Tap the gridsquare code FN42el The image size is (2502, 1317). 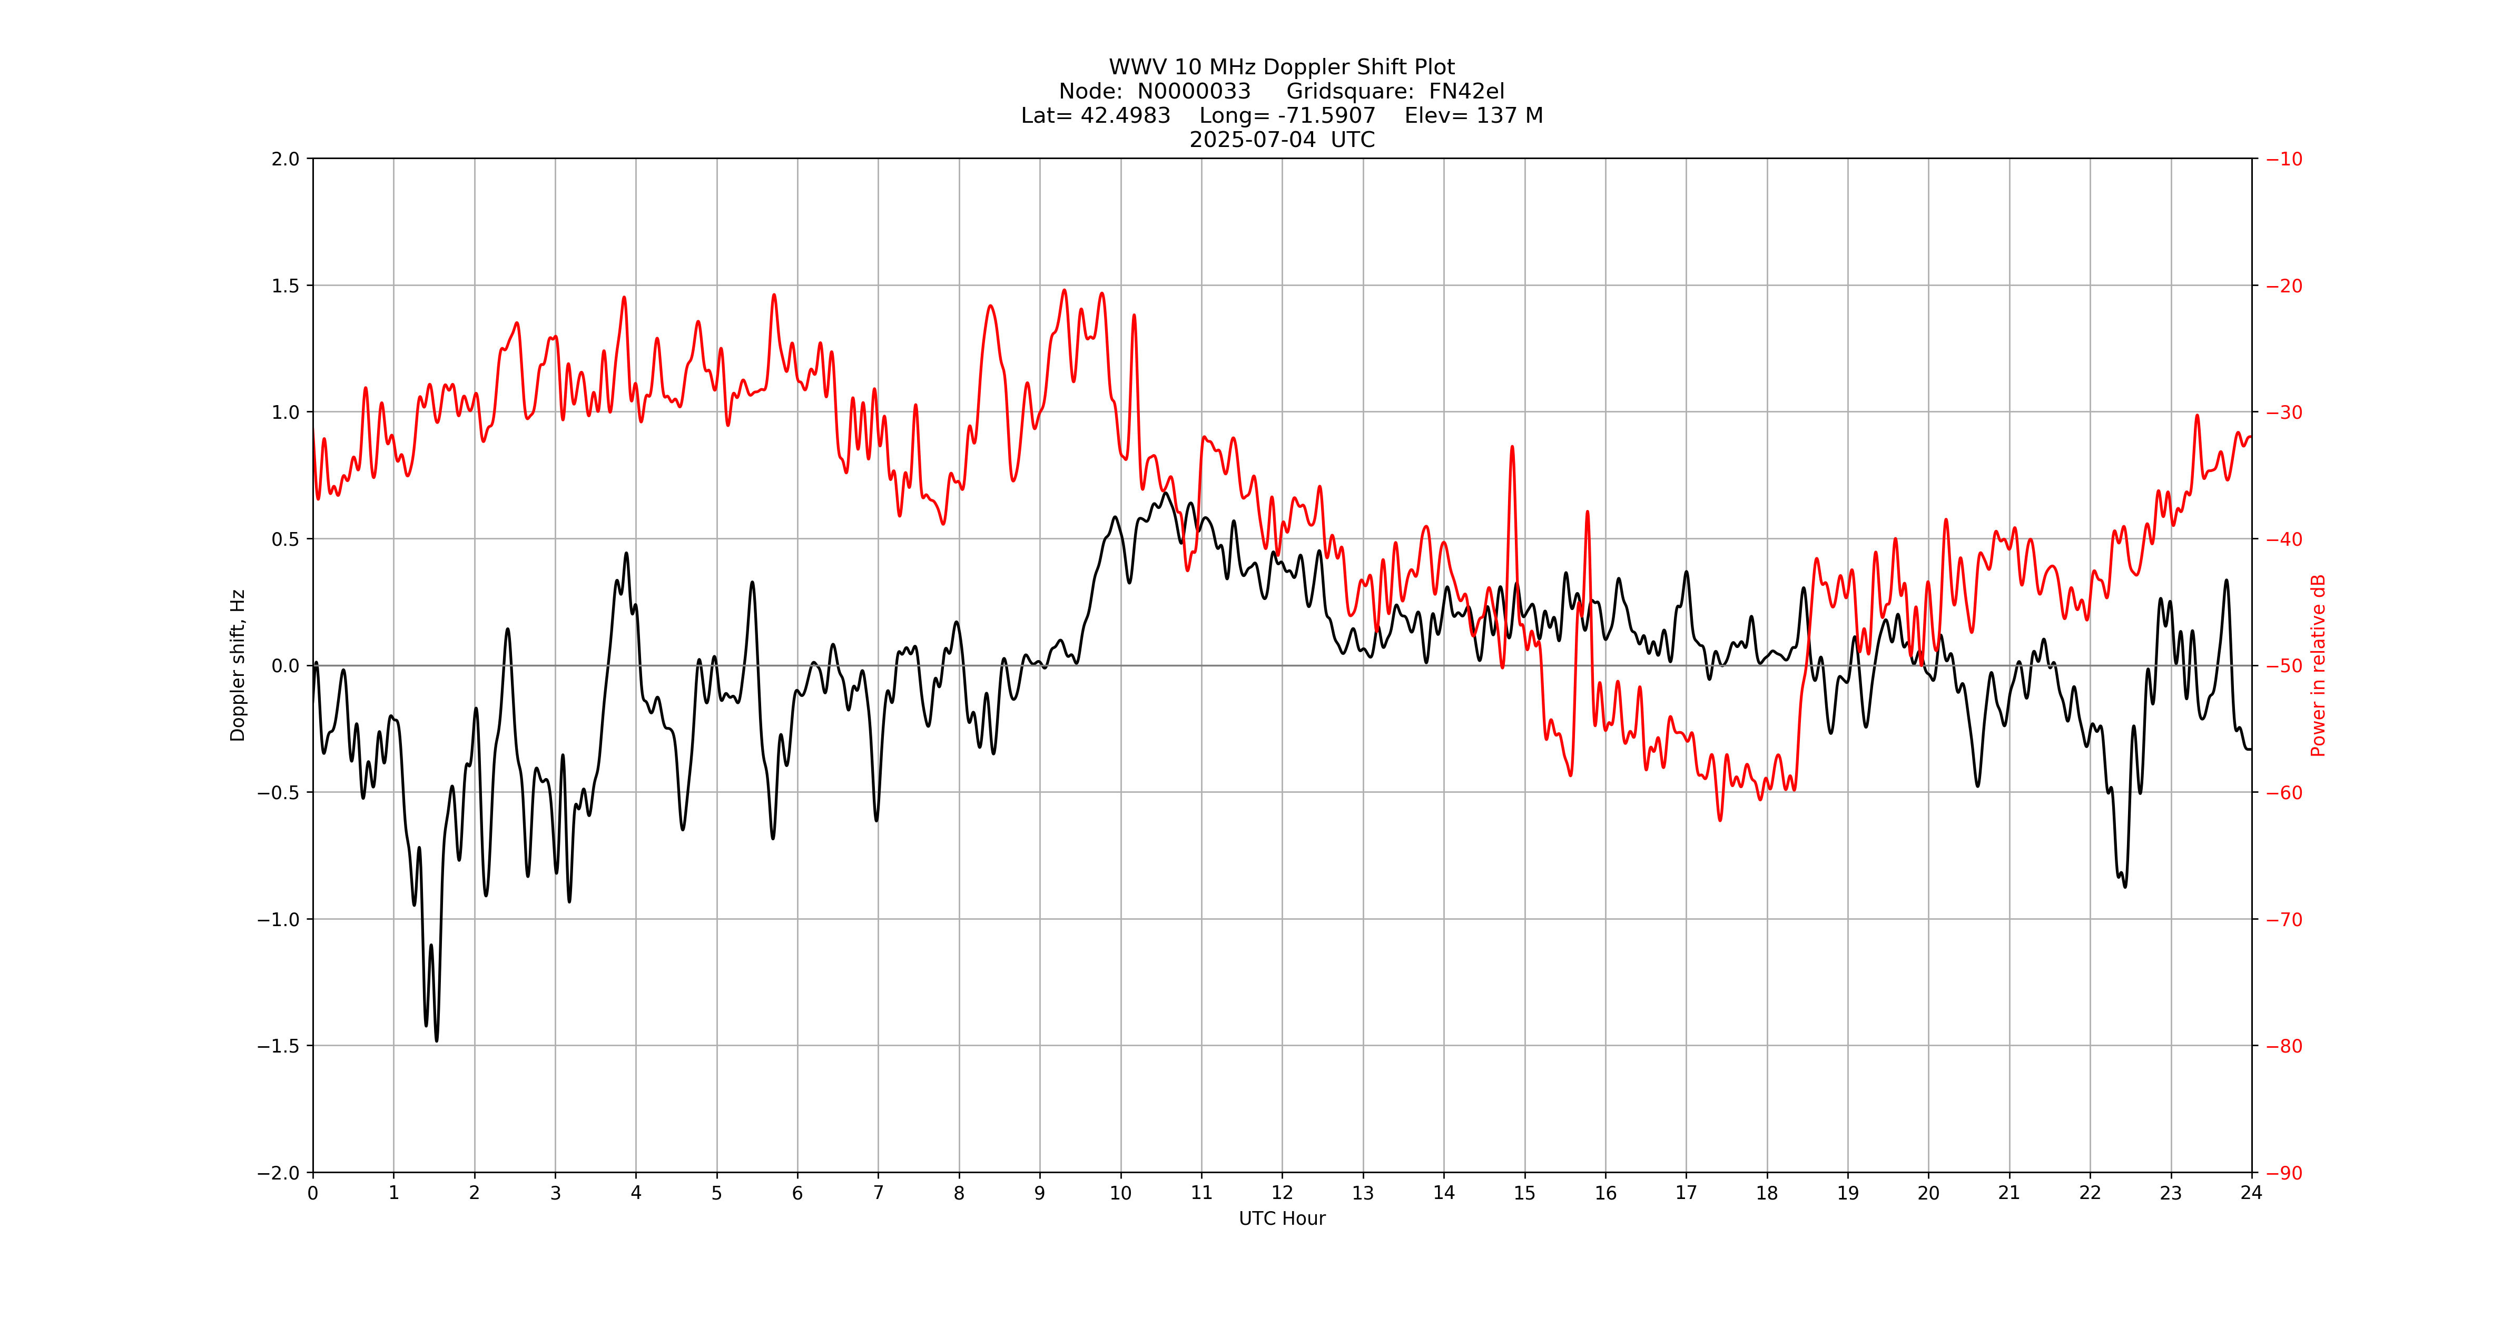(x=1466, y=91)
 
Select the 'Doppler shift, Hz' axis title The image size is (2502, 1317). (x=238, y=665)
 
